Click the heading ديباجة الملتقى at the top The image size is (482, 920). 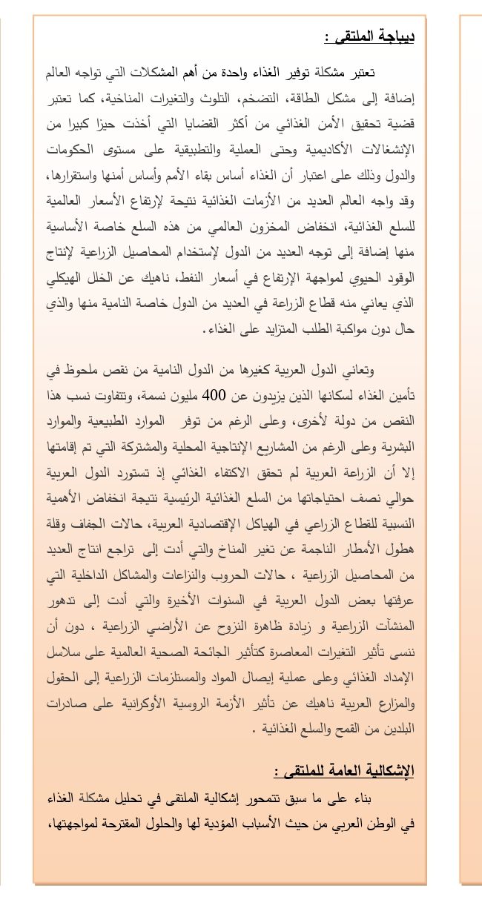369,36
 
